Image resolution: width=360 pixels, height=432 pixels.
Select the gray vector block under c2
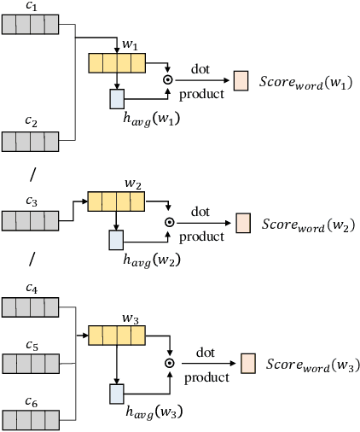pyautogui.click(x=29, y=140)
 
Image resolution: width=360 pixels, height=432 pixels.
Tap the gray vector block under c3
pyautogui.click(x=29, y=220)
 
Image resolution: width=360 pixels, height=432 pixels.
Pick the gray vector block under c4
pyautogui.click(x=29, y=306)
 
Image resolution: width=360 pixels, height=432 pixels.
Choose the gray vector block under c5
pyautogui.click(x=29, y=363)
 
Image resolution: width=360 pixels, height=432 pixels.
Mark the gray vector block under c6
pyautogui.click(x=29, y=418)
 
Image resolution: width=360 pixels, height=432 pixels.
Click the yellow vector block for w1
pyautogui.click(x=117, y=62)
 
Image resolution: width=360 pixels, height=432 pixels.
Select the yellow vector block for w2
pyautogui.click(x=117, y=201)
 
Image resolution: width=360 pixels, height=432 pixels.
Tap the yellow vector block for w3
pyautogui.click(x=117, y=336)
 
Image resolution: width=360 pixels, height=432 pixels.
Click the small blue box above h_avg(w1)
pyautogui.click(x=117, y=99)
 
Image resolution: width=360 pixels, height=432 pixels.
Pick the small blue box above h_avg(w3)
pyautogui.click(x=117, y=394)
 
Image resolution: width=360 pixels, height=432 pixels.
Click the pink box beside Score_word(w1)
pyautogui.click(x=241, y=80)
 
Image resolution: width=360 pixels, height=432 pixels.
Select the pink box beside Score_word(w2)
pyautogui.click(x=242, y=223)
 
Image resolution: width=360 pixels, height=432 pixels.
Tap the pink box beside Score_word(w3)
pyautogui.click(x=248, y=363)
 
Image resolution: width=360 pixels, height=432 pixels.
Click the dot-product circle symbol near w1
pyautogui.click(x=168, y=80)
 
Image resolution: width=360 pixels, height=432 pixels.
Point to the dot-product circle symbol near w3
pyautogui.click(x=169, y=363)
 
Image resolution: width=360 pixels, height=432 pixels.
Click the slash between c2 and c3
pyautogui.click(x=32, y=175)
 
